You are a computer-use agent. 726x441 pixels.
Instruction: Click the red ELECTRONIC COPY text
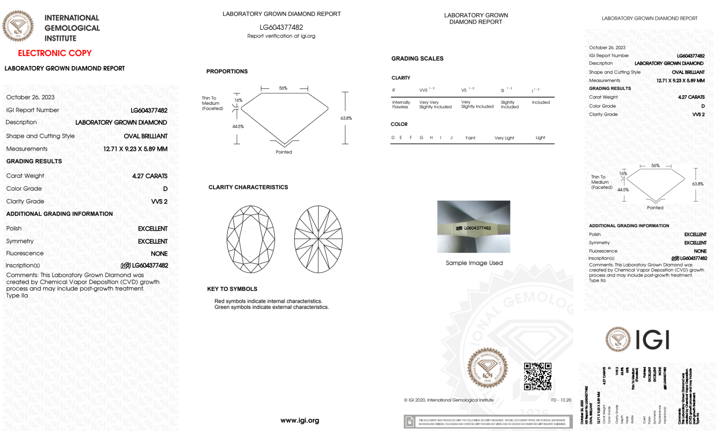point(55,53)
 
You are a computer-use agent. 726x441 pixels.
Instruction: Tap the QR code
point(537,376)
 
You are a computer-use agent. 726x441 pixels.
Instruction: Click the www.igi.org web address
point(300,420)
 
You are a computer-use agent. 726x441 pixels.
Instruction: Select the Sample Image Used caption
point(474,263)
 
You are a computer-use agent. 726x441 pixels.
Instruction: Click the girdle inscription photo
point(473,226)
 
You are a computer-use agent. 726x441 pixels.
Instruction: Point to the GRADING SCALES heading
point(417,58)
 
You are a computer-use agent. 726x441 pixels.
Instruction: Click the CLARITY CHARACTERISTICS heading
point(248,187)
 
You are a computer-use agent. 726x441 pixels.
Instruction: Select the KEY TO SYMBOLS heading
point(232,289)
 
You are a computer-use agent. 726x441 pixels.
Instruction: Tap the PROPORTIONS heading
point(227,72)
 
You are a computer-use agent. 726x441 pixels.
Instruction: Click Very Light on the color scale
point(504,138)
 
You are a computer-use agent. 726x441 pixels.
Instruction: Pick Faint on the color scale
point(470,138)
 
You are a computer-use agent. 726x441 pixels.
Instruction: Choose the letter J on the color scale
point(451,138)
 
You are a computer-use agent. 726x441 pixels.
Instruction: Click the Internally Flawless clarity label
point(401,105)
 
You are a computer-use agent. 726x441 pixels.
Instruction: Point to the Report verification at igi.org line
point(281,36)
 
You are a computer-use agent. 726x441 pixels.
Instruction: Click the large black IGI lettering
point(652,340)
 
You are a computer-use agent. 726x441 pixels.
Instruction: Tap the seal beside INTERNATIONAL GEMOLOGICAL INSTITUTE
point(18,26)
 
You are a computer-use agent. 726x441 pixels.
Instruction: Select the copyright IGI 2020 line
point(449,400)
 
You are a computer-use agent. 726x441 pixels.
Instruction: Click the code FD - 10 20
point(561,400)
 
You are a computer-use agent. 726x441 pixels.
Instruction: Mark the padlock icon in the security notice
point(410,422)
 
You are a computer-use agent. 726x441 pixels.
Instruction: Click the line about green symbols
point(271,307)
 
